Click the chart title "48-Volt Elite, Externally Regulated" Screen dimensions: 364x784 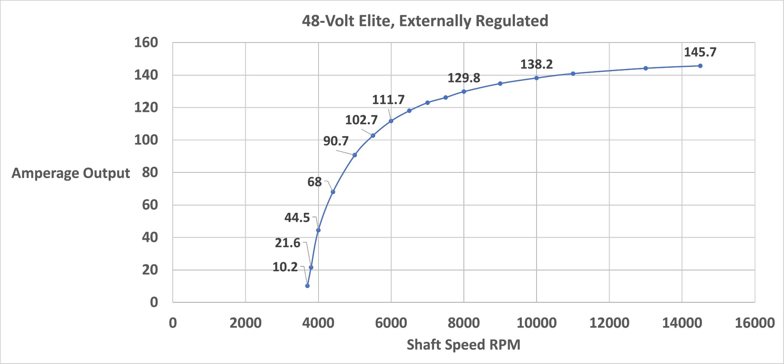pyautogui.click(x=425, y=21)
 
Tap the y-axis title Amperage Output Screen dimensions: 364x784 pyautogui.click(x=71, y=173)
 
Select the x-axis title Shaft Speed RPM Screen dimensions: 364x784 pyautogui.click(x=463, y=344)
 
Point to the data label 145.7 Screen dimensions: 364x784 pyautogui.click(x=700, y=52)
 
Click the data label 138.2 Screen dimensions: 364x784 pyautogui.click(x=536, y=64)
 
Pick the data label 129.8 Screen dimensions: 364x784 pyautogui.click(x=463, y=78)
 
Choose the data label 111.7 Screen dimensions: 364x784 pyautogui.click(x=388, y=100)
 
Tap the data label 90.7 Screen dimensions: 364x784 pyautogui.click(x=336, y=141)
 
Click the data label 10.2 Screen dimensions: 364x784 pyautogui.click(x=285, y=267)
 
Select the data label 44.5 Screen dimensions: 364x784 pyautogui.click(x=297, y=217)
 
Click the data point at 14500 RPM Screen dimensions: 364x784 pyautogui.click(x=700, y=66)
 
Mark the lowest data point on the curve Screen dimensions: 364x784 pyautogui.click(x=307, y=286)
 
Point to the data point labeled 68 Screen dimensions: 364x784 pyautogui.click(x=333, y=192)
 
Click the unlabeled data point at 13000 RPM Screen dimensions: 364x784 pyautogui.click(x=646, y=68)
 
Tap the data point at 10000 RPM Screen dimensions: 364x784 pyautogui.click(x=537, y=78)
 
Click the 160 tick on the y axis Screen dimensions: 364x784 pyautogui.click(x=146, y=42)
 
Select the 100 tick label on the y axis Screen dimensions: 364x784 pyautogui.click(x=146, y=140)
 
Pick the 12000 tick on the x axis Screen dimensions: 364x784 pyautogui.click(x=609, y=323)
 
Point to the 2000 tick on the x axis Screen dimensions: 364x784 pyautogui.click(x=245, y=323)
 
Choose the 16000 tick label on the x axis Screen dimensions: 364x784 pyautogui.click(x=755, y=323)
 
